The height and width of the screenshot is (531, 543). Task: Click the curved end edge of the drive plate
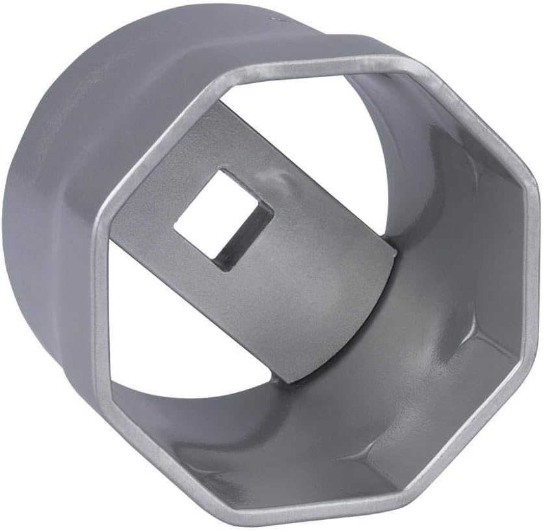click(x=381, y=305)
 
